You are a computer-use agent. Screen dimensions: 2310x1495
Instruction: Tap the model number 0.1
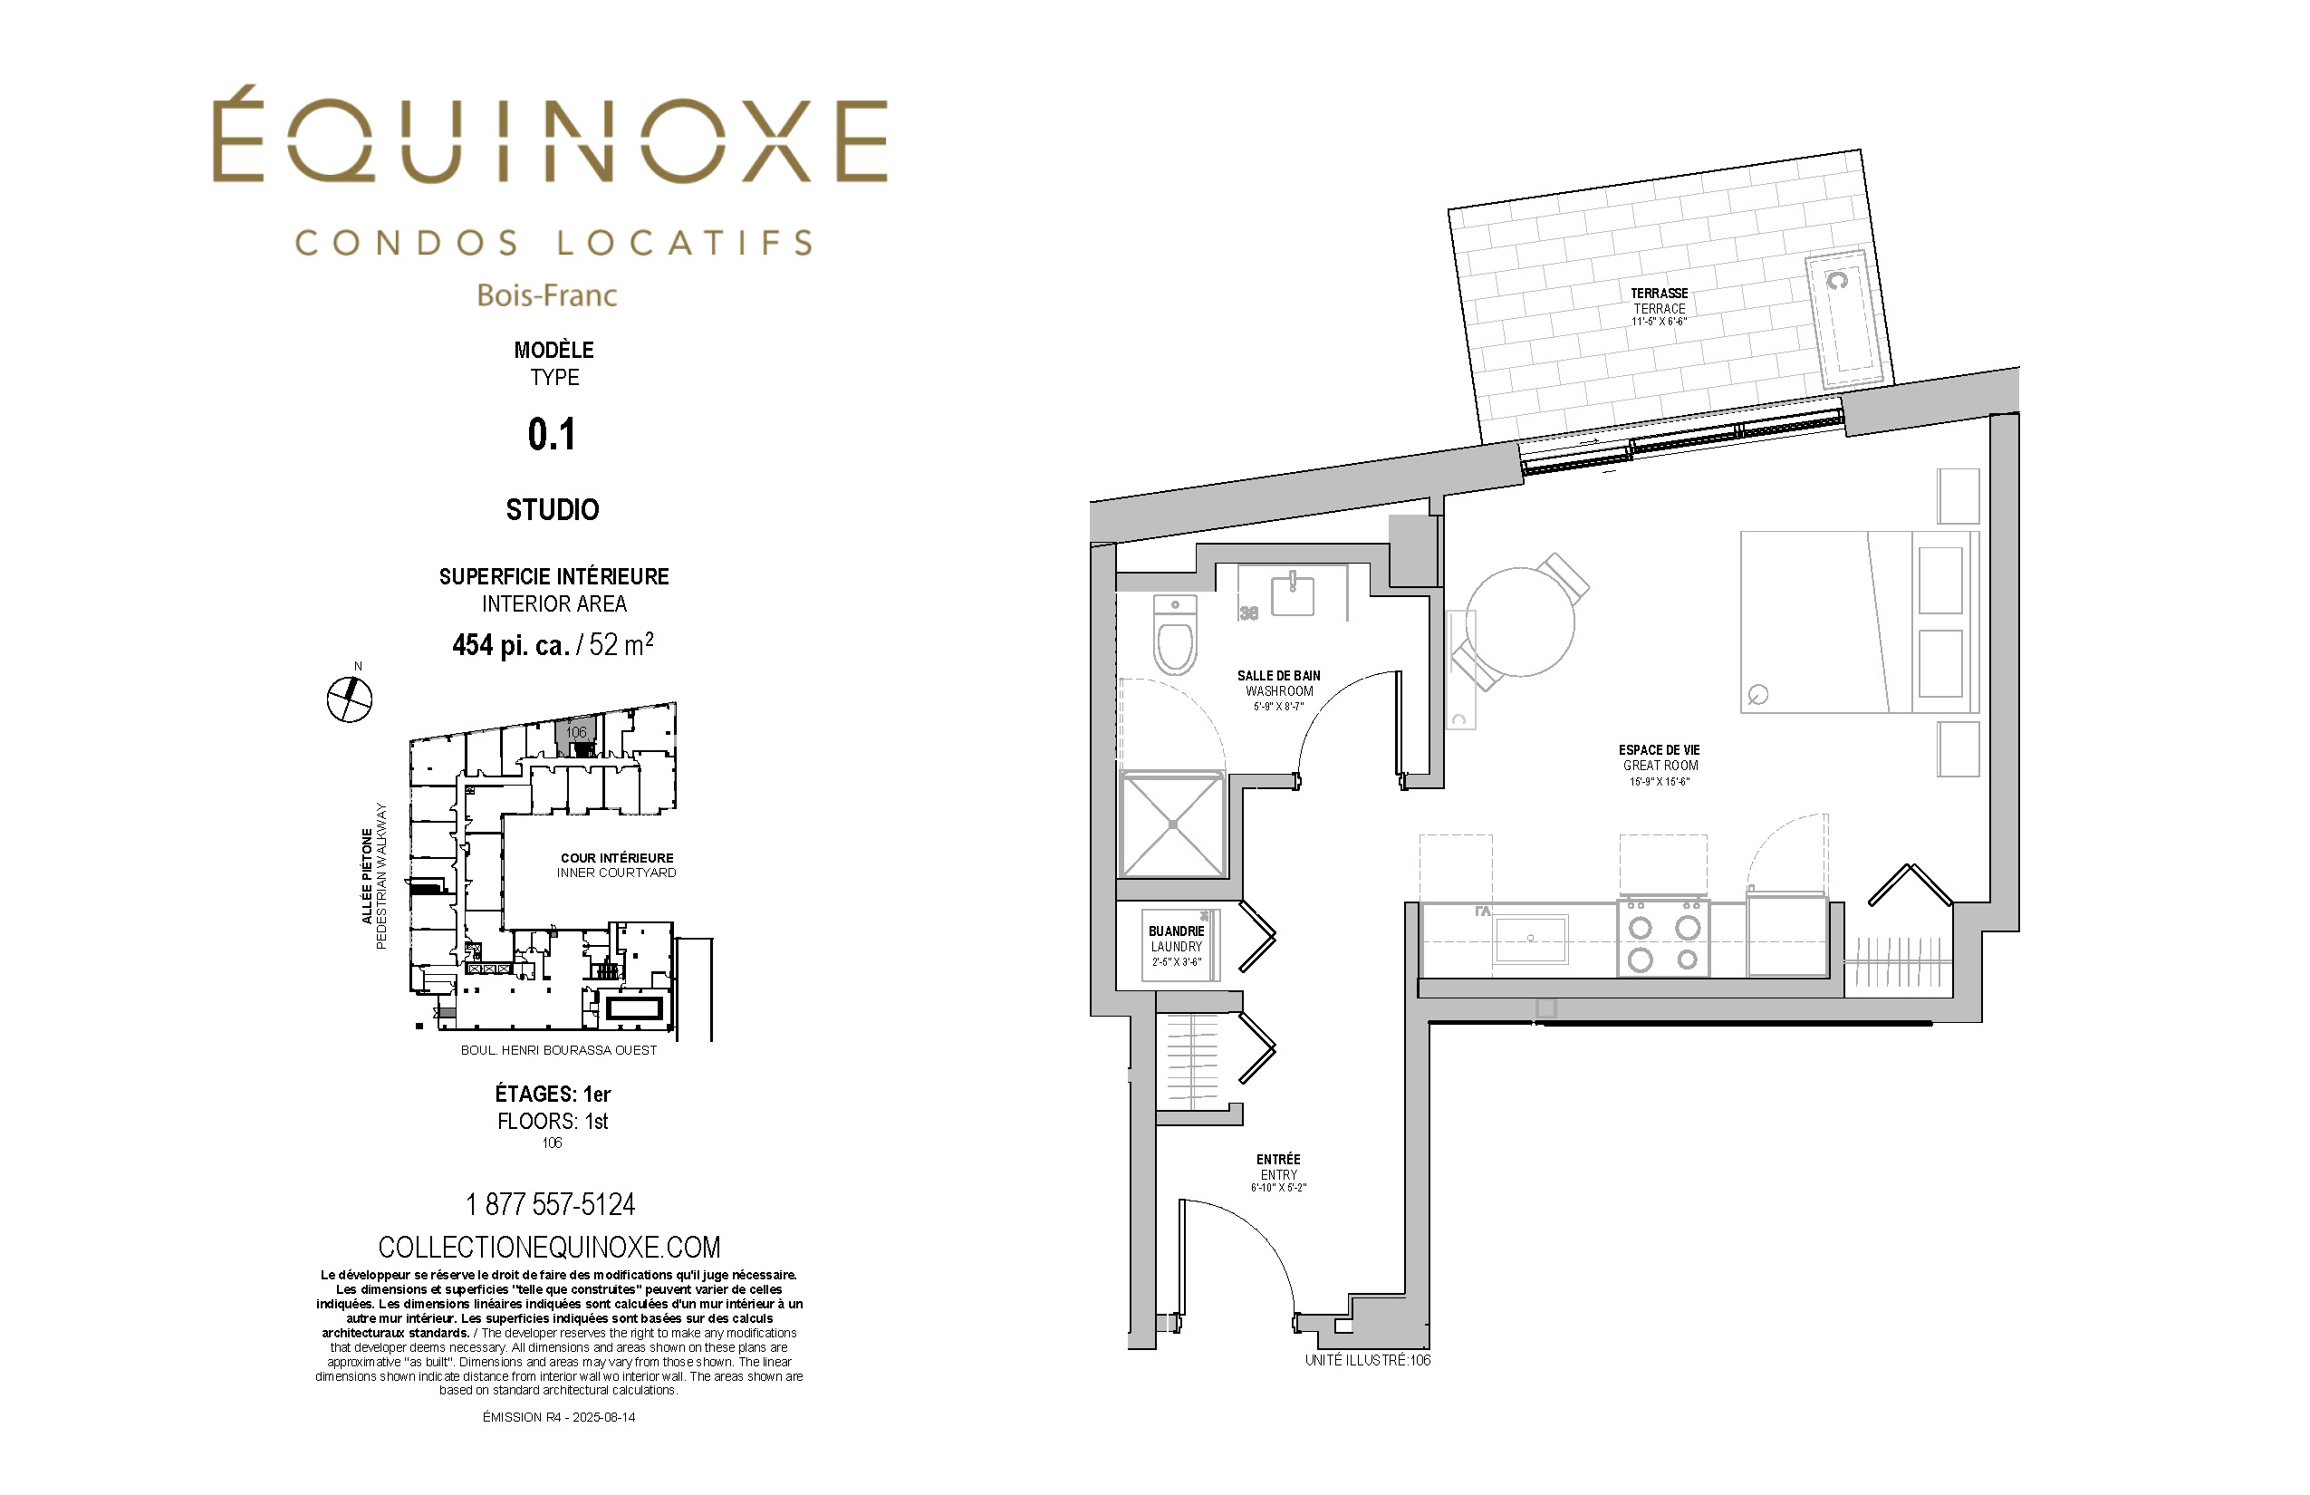(x=553, y=434)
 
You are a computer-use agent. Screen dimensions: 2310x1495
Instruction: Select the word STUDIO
(x=553, y=509)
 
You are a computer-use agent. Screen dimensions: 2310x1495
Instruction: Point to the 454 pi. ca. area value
(x=511, y=645)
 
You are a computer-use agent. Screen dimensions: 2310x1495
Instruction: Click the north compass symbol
(x=350, y=699)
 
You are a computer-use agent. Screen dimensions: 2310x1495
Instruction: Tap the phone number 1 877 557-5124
(x=551, y=1205)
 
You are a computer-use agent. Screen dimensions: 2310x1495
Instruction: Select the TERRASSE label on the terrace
(x=1659, y=294)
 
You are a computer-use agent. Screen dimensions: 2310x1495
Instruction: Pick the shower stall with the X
(x=1172, y=825)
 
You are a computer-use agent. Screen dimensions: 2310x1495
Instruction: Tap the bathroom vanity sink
(x=1293, y=594)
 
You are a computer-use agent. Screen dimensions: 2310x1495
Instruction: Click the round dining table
(x=1520, y=622)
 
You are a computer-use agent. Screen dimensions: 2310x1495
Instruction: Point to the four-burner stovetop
(x=1663, y=937)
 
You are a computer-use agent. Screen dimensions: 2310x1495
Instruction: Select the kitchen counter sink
(x=1531, y=939)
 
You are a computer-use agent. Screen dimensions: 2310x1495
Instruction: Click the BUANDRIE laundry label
(x=1177, y=931)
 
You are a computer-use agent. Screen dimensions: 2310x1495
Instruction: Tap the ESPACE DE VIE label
(x=1659, y=750)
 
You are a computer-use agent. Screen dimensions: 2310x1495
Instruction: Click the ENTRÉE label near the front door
(x=1277, y=1159)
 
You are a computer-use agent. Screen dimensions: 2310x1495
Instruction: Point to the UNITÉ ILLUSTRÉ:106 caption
(x=1368, y=1360)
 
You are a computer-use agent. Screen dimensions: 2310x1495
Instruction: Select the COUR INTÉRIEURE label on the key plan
(x=616, y=858)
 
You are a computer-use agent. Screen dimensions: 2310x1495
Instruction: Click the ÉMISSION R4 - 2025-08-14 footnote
(x=559, y=1417)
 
